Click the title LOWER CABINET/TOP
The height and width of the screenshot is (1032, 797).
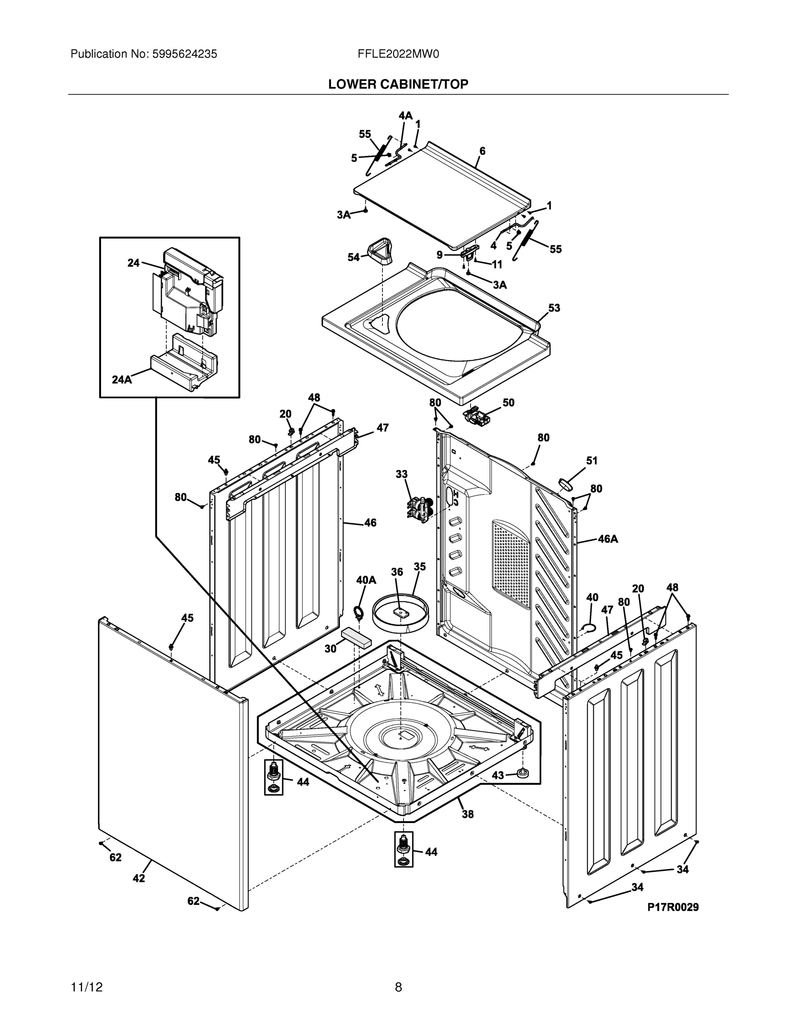398,84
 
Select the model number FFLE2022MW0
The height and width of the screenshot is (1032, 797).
398,54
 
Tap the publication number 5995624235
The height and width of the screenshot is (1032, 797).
184,54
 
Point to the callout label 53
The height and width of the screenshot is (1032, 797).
554,308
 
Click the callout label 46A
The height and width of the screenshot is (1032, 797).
608,539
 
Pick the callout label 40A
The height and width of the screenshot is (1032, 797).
366,580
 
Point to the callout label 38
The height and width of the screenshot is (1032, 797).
467,814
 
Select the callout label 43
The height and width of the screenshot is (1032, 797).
498,775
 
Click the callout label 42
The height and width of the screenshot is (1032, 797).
138,878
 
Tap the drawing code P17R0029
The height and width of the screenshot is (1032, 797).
672,907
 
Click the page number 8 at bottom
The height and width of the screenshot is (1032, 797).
398,987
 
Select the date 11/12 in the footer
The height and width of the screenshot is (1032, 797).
86,987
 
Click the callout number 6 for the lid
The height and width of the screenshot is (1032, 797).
482,151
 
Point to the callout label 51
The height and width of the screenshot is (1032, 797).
592,461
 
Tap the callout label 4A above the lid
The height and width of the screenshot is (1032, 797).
405,116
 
